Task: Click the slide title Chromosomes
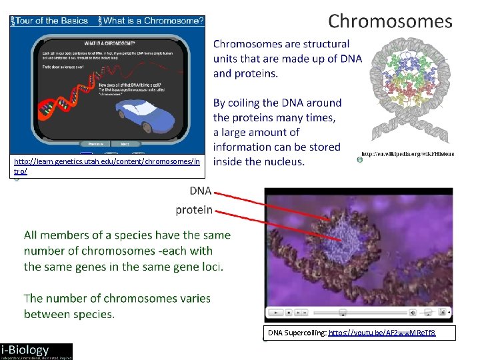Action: pos(390,21)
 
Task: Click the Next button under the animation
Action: pos(125,143)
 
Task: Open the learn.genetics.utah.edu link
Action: pos(107,161)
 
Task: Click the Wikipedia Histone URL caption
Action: pos(407,154)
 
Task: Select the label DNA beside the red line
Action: pos(200,191)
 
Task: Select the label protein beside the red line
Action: pos(194,210)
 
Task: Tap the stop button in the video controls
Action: pos(288,312)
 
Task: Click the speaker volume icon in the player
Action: pos(413,312)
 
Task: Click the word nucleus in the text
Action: pos(283,161)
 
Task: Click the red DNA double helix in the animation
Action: pos(57,107)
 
